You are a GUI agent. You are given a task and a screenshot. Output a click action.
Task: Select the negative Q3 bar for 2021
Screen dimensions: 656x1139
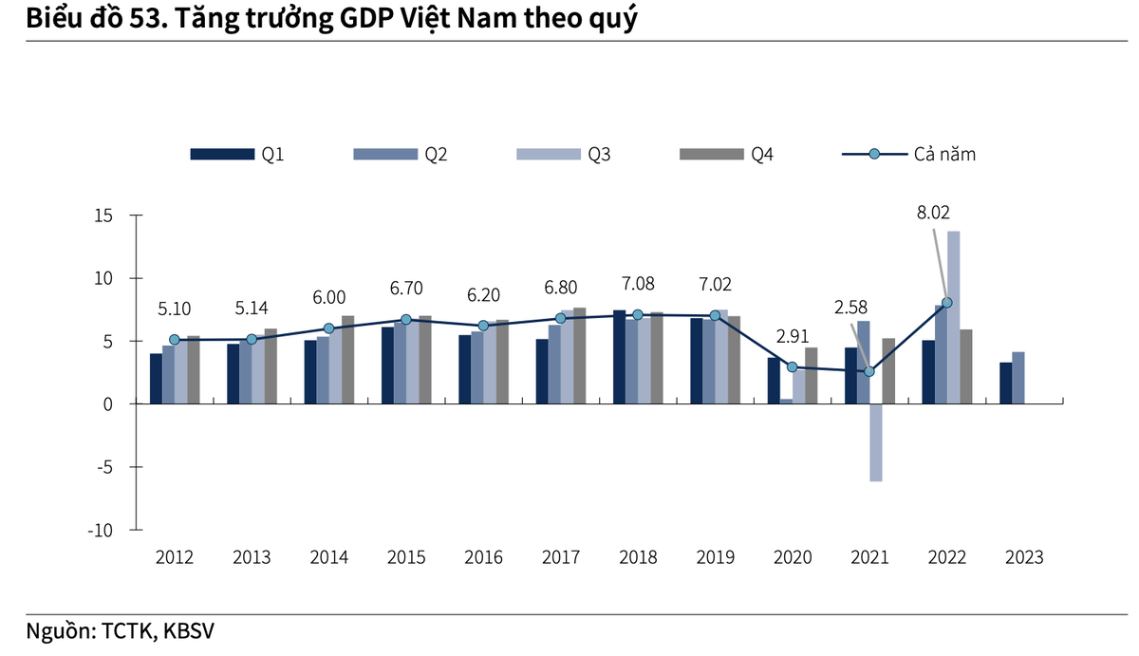click(875, 442)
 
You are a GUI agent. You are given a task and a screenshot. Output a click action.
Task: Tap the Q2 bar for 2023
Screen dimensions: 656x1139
click(1018, 378)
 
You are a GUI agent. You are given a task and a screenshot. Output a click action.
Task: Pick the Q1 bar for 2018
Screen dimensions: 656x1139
click(619, 357)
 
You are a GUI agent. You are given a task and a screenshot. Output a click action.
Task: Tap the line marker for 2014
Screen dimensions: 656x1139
click(328, 328)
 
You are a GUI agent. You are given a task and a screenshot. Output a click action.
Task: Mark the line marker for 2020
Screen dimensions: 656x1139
click(793, 367)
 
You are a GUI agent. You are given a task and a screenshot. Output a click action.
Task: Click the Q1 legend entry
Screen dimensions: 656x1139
click(237, 155)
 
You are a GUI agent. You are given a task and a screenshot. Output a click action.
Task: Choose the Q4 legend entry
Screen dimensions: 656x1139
click(727, 155)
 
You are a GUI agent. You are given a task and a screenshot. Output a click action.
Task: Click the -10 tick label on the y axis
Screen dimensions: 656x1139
click(99, 530)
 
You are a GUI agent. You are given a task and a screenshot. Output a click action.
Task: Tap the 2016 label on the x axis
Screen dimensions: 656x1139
click(483, 558)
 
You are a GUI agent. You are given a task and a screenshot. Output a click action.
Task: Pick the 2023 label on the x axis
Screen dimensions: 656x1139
click(1023, 558)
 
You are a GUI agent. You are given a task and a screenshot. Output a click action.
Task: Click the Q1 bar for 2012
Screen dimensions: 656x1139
click(156, 379)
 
